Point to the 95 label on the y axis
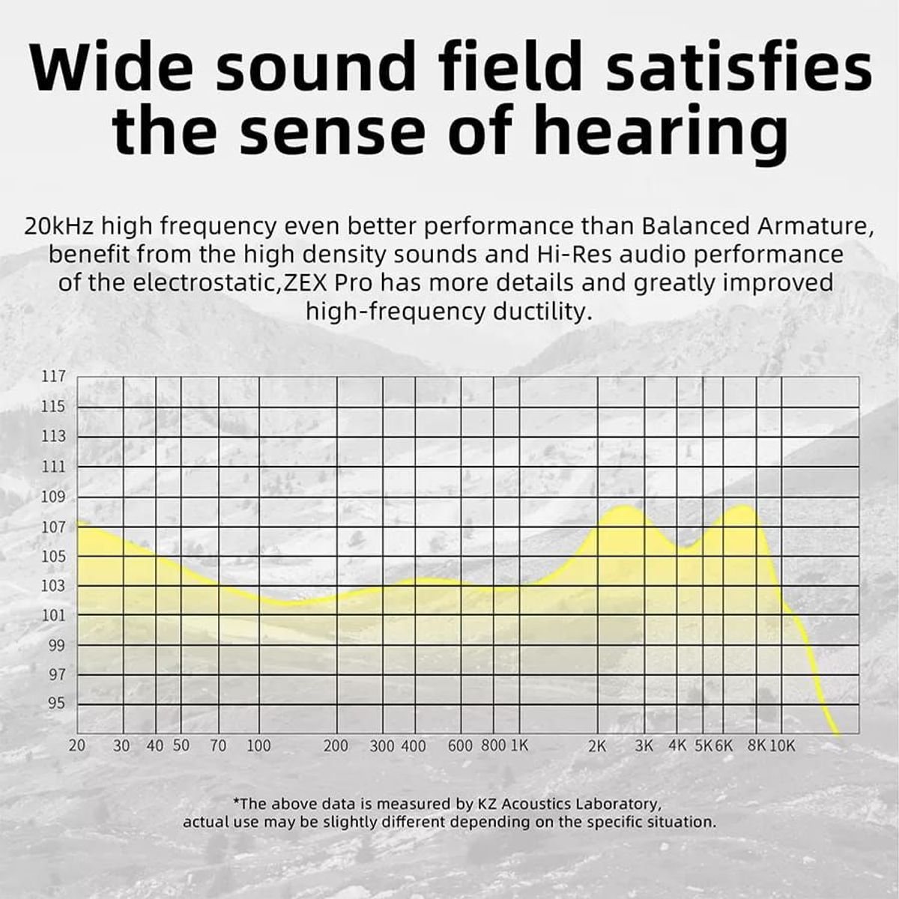(x=58, y=703)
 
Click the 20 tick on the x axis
(x=77, y=746)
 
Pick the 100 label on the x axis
(x=258, y=746)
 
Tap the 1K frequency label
(x=519, y=746)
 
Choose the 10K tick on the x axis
(x=782, y=746)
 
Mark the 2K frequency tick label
(x=597, y=746)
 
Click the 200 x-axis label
(x=336, y=746)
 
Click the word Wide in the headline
(x=113, y=65)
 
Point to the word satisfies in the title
(x=739, y=65)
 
